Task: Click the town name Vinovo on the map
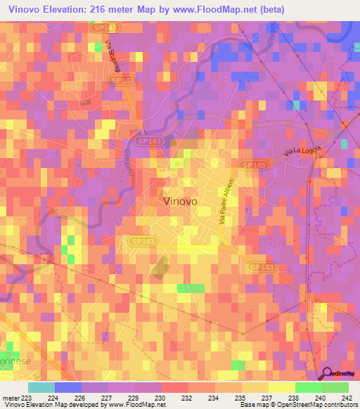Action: point(180,200)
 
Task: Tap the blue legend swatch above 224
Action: point(68,387)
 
